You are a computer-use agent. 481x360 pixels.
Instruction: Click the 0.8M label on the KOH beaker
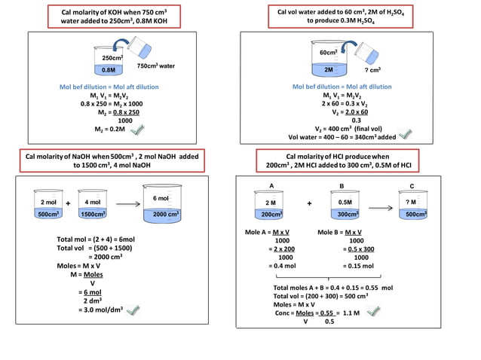(109, 70)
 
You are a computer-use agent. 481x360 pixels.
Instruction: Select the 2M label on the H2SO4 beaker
(329, 69)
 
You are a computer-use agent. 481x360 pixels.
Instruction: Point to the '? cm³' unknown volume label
(390, 70)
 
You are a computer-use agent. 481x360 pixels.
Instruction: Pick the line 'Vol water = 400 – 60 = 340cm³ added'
(342, 138)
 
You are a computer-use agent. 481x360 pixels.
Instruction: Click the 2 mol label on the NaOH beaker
(48, 202)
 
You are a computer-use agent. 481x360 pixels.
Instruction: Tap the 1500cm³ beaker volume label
(93, 215)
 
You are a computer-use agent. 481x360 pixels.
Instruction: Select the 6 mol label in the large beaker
(161, 198)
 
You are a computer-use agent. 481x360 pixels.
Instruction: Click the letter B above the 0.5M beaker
(342, 185)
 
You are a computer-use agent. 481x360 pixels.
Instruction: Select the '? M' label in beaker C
(410, 202)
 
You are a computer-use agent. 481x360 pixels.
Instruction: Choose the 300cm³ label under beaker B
(346, 215)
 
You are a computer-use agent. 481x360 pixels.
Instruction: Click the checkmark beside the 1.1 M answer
(371, 311)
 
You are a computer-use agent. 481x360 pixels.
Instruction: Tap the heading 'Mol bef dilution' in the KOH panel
(84, 87)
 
